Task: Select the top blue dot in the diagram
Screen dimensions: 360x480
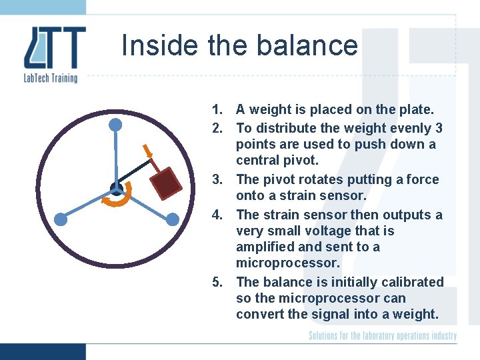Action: pos(115,125)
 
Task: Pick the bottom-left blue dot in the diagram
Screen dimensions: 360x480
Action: pos(61,219)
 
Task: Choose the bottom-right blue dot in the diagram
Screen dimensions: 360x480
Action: pos(172,219)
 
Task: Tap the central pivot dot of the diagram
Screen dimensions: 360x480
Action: pos(115,187)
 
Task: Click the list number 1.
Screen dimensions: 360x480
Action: pos(217,109)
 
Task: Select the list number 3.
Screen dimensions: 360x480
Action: pos(217,179)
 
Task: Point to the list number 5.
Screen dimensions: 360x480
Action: pos(217,282)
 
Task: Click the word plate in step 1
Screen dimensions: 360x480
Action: pos(417,109)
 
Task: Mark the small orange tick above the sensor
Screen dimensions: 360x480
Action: pos(148,150)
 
